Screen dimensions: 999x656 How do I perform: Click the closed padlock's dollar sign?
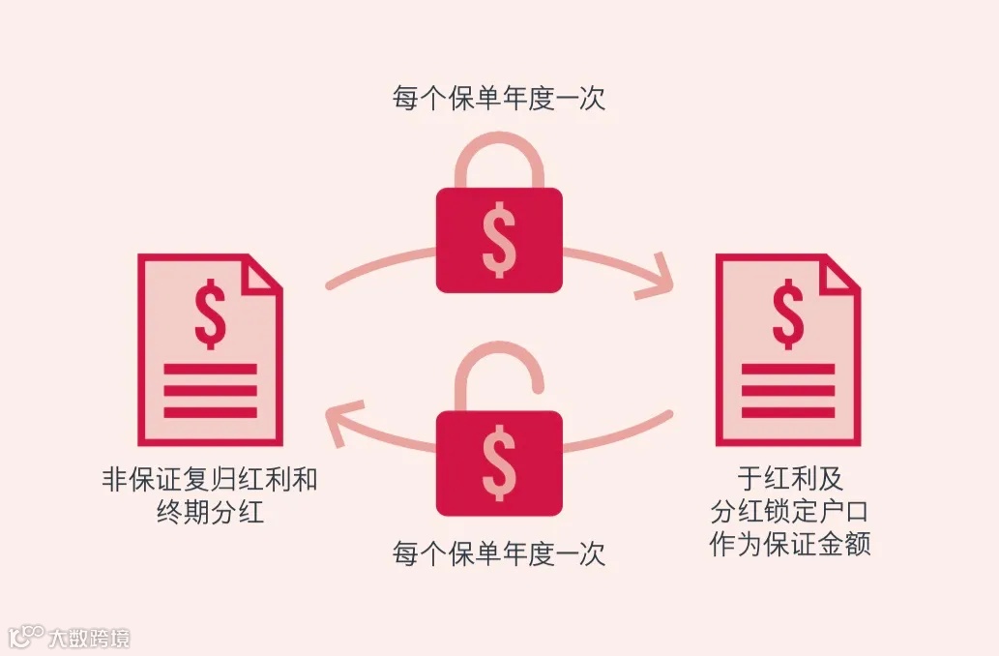499,240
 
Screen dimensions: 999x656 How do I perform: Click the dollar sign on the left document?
210,313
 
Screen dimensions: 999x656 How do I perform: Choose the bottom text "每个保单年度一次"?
499,554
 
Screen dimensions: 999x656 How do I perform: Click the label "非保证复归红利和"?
210,480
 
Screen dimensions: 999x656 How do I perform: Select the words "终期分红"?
210,512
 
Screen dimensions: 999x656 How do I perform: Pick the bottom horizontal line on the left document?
210,413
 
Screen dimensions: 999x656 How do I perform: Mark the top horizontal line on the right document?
787,370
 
